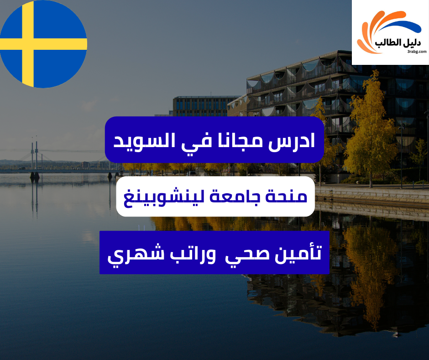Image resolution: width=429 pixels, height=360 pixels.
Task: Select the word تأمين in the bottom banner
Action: [296, 253]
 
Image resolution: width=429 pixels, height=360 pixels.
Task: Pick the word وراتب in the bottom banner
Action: [189, 253]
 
